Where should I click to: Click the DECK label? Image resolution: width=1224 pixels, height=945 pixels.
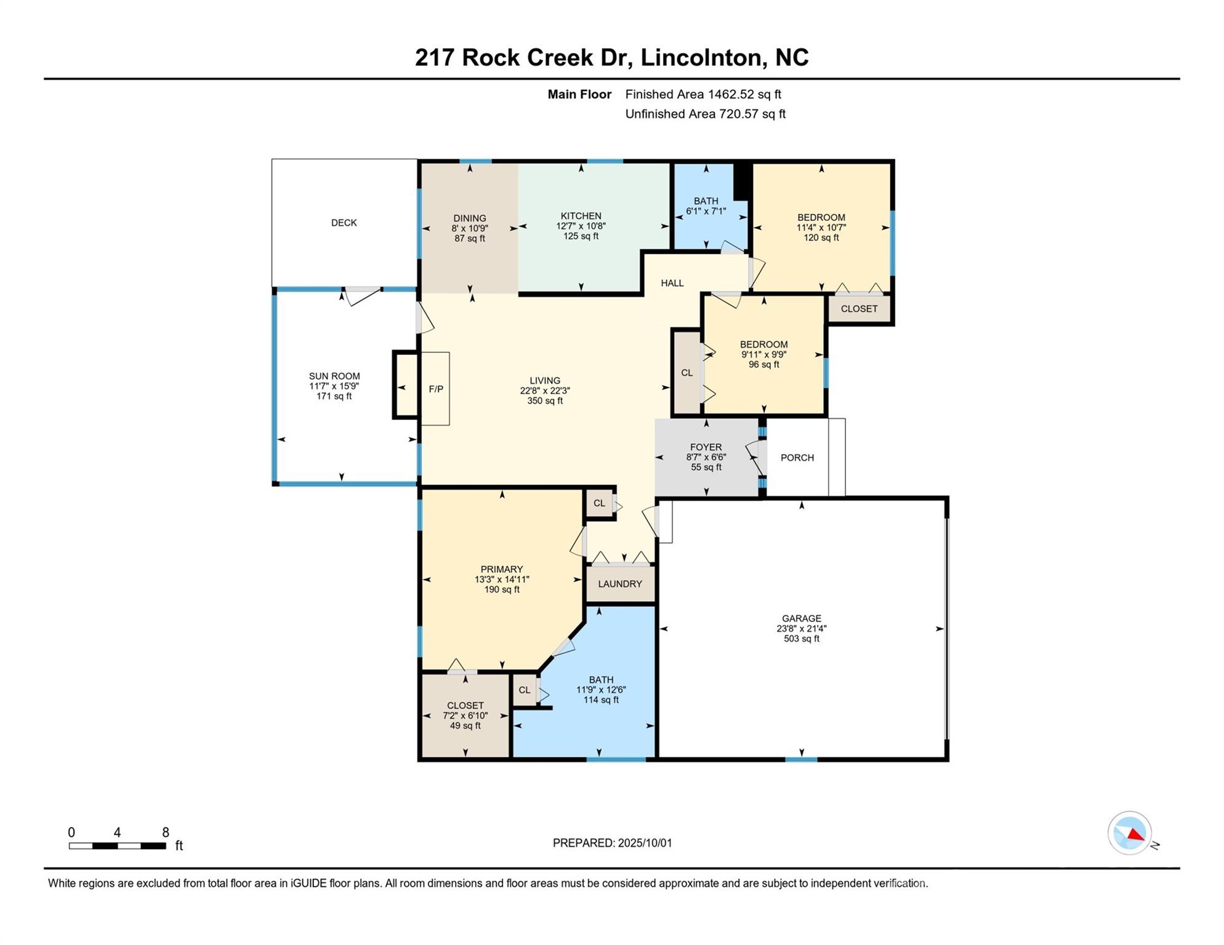(x=344, y=223)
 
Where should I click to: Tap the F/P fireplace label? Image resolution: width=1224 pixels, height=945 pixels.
(x=436, y=389)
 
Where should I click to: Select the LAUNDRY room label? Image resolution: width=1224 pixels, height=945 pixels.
(x=620, y=584)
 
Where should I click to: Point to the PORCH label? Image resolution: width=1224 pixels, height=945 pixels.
(x=797, y=458)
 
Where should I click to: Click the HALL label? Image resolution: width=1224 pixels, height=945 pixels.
(x=672, y=283)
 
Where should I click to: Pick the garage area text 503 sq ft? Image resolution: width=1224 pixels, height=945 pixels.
(x=802, y=639)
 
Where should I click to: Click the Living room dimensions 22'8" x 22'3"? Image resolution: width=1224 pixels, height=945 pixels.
(x=545, y=391)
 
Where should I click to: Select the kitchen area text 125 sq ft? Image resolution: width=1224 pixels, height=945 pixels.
(x=581, y=236)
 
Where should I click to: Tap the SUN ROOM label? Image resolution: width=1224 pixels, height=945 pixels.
(x=334, y=377)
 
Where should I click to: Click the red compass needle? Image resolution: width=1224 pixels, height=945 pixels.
(x=1135, y=835)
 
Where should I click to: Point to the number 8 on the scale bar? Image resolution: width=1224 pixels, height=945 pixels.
(x=166, y=832)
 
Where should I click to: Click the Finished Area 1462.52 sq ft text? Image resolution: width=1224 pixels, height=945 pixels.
(x=703, y=94)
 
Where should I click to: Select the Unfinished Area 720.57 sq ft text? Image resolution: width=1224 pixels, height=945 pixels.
(x=706, y=114)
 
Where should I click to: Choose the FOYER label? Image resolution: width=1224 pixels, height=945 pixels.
(x=706, y=448)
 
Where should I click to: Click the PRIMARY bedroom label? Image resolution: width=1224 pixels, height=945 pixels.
(x=502, y=570)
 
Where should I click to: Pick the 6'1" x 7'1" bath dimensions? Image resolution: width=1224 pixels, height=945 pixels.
(x=706, y=211)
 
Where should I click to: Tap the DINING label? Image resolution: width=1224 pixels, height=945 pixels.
(x=470, y=218)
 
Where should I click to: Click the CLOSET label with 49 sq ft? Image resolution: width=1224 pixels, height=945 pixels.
(x=465, y=706)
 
